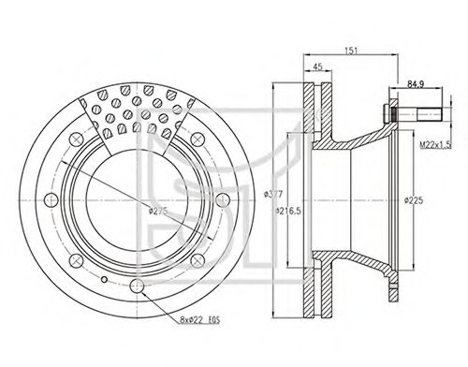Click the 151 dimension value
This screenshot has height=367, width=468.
352,51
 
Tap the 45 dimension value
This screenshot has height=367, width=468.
317,66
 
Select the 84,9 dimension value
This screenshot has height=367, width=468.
416,84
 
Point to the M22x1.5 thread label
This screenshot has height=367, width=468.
435,145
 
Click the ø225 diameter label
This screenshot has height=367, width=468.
414,200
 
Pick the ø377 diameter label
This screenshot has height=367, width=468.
273,194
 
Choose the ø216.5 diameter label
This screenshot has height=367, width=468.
288,211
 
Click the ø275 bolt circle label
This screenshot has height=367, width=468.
158,211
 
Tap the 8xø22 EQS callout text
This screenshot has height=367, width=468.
200,319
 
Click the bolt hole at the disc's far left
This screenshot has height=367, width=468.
51,199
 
